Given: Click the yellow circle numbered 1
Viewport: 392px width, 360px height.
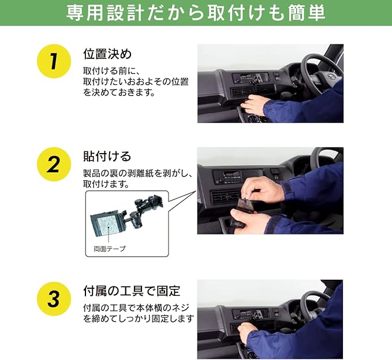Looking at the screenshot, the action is (54, 61).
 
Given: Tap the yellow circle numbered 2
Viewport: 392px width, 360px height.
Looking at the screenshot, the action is (54, 164).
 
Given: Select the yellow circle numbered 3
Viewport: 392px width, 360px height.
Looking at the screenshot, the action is (54, 299).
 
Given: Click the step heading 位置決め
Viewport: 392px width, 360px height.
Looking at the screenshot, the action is (107, 54).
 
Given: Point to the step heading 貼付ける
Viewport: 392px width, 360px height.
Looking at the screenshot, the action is (107, 157).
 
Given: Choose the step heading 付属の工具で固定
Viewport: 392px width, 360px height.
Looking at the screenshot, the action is (132, 291).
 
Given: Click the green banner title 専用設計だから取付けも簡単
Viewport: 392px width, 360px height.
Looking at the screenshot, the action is (196, 13).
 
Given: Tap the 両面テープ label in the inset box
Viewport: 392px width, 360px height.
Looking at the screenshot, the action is (110, 249).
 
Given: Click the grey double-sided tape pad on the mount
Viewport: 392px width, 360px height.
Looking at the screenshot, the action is (109, 227).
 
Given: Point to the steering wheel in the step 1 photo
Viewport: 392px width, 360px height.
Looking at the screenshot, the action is (323, 73).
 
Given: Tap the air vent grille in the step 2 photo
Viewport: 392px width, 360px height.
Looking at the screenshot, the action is (225, 197).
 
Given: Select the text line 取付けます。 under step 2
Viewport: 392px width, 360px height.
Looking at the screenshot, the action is (106, 184).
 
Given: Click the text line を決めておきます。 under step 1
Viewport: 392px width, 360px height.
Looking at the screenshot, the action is (119, 92).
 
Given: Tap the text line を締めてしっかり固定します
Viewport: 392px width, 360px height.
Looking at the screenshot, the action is (139, 319).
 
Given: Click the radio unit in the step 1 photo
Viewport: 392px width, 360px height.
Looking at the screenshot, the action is (250, 77).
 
